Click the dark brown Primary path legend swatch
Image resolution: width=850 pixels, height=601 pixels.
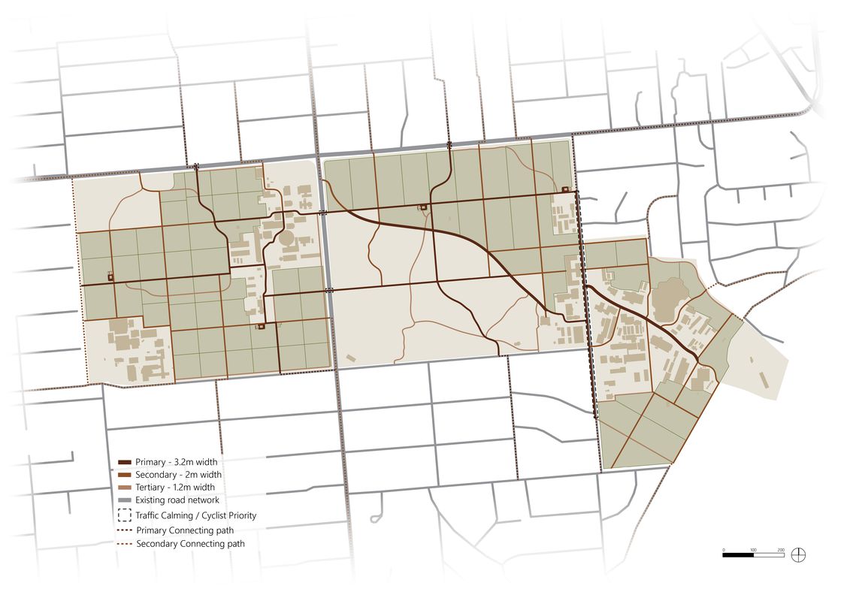click(x=125, y=461)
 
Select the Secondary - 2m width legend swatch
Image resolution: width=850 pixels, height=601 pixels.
click(x=125, y=475)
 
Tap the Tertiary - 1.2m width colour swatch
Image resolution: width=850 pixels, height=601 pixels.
click(x=125, y=488)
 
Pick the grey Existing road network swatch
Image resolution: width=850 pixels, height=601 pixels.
click(x=125, y=500)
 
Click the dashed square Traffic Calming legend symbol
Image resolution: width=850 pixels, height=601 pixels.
click(x=125, y=515)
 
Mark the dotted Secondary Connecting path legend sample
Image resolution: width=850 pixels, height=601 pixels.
click(x=125, y=543)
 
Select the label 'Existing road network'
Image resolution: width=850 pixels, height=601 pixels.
click(x=177, y=500)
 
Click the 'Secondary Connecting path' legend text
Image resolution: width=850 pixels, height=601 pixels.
click(x=190, y=543)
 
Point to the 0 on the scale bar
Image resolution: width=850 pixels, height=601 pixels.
click(x=724, y=550)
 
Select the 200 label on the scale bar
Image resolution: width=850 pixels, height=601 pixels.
click(x=781, y=550)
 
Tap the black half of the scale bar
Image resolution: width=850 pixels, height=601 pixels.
click(x=738, y=555)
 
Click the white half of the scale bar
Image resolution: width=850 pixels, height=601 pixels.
click(x=767, y=555)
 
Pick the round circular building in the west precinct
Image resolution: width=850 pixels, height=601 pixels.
click(x=286, y=240)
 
